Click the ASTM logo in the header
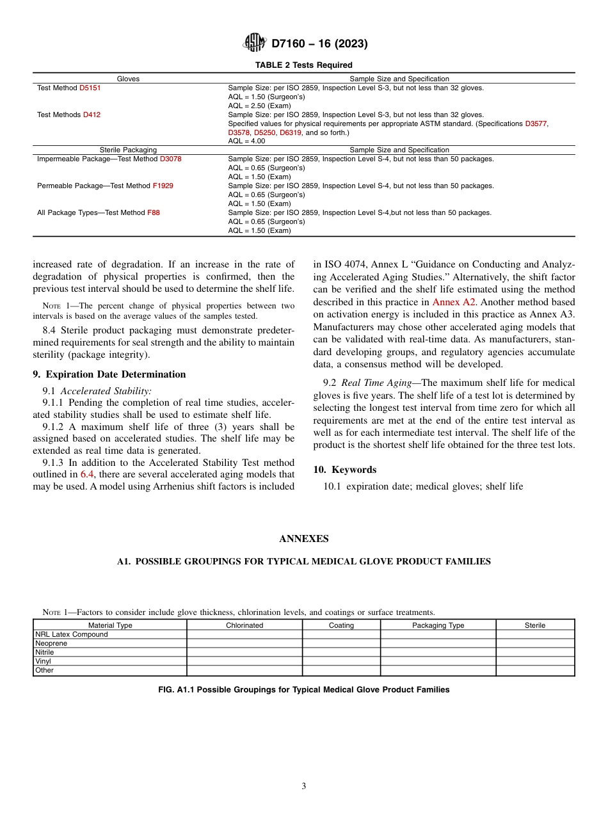pos(255,44)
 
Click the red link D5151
pos(90,88)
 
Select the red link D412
pos(92,115)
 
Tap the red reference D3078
pos(170,159)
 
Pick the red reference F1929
pos(163,186)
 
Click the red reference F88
pos(154,212)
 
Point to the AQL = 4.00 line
pos(246,141)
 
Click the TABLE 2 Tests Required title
pos(303,65)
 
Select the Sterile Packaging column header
pos(128,150)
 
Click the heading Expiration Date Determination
pos(109,374)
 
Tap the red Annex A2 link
pos(454,301)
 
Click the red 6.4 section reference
pos(87,474)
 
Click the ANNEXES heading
pos(303,539)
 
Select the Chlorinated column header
pos(244,625)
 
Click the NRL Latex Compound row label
pos(72,634)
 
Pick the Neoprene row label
pos(51,643)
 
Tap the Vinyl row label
pos(44,661)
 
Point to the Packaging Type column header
pos(438,625)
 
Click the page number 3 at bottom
pos(304,786)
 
